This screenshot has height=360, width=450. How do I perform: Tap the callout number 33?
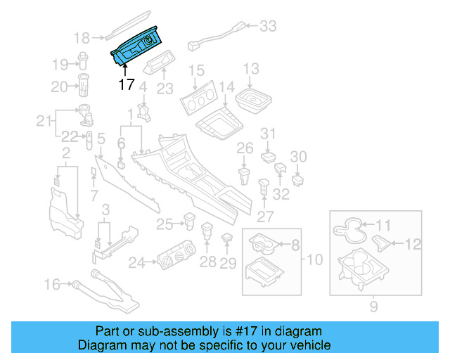click(268, 27)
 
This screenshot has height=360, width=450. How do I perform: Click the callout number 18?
click(83, 38)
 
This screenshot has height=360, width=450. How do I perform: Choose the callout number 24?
click(136, 263)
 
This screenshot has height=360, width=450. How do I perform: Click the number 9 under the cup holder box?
click(373, 306)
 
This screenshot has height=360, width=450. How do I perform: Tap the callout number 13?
click(251, 69)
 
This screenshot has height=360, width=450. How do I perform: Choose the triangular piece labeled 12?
click(382, 243)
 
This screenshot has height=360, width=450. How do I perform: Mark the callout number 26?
click(244, 148)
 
